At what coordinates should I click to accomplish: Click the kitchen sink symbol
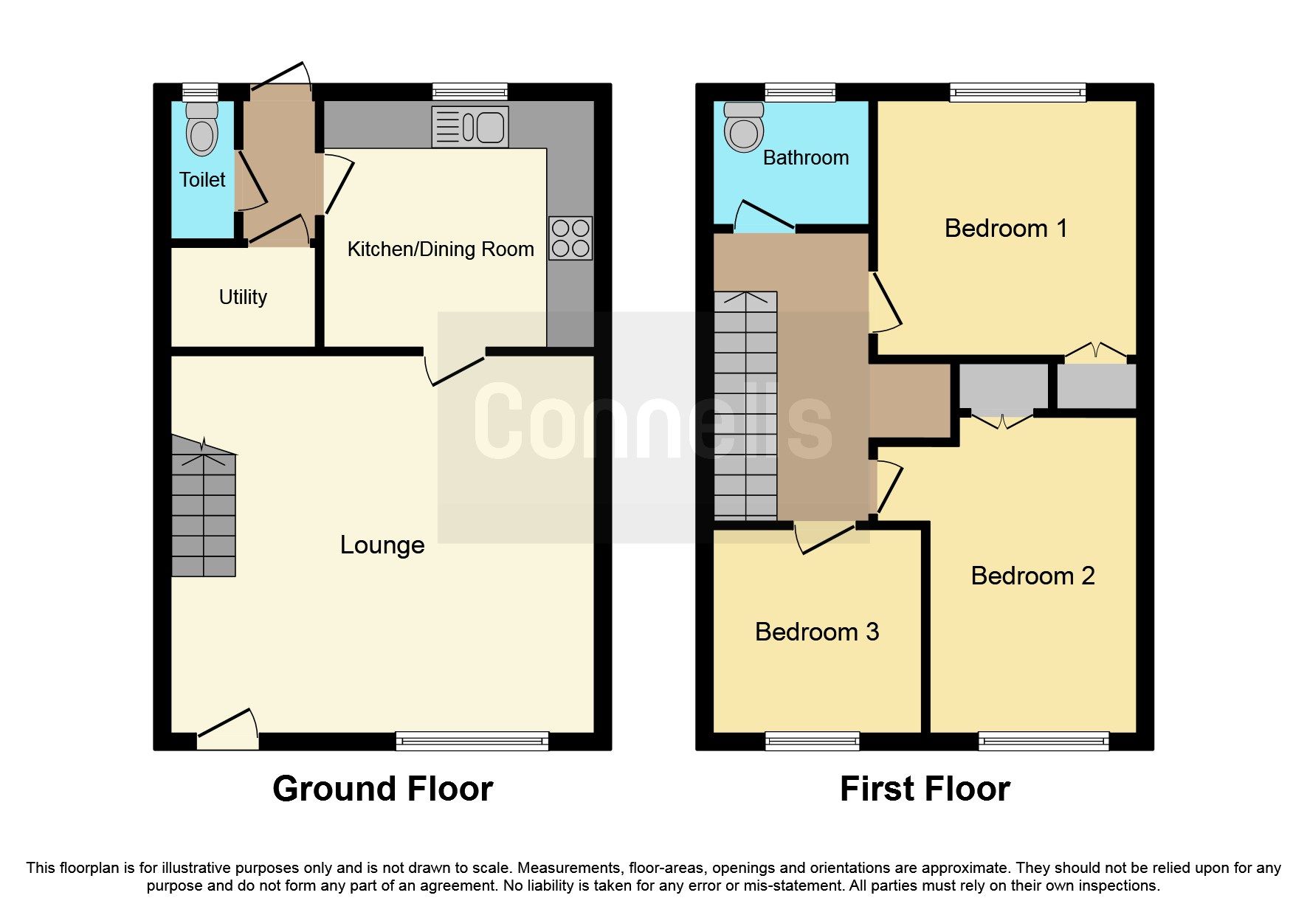470,127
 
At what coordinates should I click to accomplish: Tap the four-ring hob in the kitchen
570,238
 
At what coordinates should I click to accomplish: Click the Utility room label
243,297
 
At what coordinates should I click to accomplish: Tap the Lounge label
382,545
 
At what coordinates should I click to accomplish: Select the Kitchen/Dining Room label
441,249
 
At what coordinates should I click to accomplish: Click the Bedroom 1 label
1006,228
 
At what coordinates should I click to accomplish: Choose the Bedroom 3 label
817,632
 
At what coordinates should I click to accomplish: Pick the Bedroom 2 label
1032,576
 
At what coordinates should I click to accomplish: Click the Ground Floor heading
382,789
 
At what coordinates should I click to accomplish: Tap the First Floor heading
925,789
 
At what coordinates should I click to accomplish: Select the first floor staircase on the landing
745,406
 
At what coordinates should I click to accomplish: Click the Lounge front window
472,740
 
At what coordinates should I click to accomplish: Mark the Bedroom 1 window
1018,92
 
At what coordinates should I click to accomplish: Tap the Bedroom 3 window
812,740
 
